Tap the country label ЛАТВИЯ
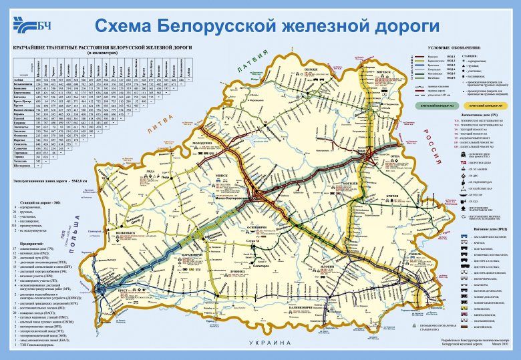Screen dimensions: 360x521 tap(253, 66)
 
